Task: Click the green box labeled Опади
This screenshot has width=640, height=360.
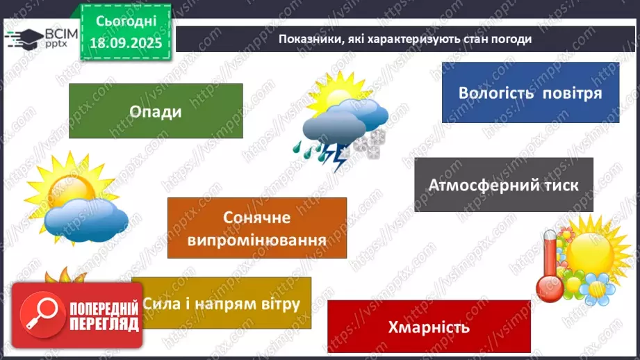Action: pyautogui.click(x=156, y=111)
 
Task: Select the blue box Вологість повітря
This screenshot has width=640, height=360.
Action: pyautogui.click(x=530, y=92)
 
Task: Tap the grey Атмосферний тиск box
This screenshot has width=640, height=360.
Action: pyautogui.click(x=503, y=184)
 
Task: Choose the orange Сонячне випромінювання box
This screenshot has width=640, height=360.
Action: pyautogui.click(x=257, y=228)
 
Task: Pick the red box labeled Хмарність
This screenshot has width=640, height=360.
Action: pyautogui.click(x=429, y=327)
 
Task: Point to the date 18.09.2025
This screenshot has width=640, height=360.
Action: pyautogui.click(x=126, y=41)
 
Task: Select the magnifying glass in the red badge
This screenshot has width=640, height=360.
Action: pyautogui.click(x=40, y=316)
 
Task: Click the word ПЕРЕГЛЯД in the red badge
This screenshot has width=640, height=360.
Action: pyautogui.click(x=104, y=324)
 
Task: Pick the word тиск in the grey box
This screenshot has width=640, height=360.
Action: pyautogui.click(x=561, y=185)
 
